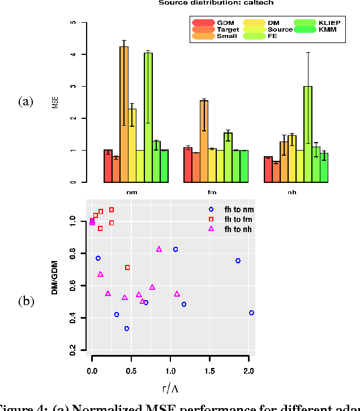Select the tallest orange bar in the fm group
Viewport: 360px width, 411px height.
click(204, 142)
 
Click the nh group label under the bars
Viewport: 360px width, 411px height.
click(292, 192)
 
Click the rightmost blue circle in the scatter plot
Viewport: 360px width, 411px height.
click(251, 312)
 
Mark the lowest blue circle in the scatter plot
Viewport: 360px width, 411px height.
click(127, 328)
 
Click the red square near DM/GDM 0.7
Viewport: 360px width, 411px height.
click(127, 267)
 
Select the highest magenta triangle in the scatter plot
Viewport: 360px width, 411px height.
click(159, 249)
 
